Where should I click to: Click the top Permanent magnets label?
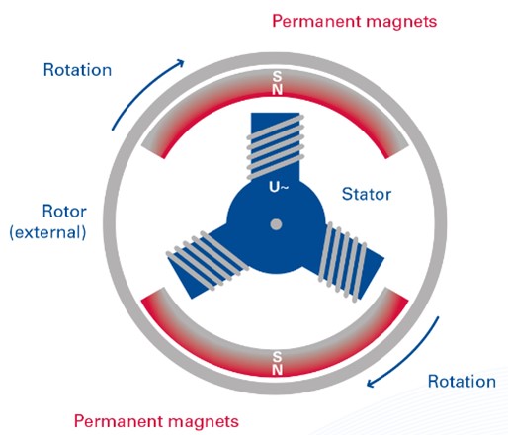[x=355, y=21]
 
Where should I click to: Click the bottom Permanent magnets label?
[x=156, y=421]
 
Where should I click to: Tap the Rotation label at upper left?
[x=77, y=70]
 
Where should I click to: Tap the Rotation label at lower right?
[x=462, y=382]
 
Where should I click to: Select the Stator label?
[x=367, y=194]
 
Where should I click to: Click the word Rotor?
[x=64, y=212]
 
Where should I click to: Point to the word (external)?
[x=48, y=232]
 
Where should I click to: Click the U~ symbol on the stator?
[x=279, y=187]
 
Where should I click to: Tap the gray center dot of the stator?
[x=276, y=224]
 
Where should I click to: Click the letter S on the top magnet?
[x=277, y=77]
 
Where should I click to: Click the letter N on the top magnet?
[x=277, y=89]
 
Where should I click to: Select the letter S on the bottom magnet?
[x=277, y=356]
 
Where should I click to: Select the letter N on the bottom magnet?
[x=277, y=369]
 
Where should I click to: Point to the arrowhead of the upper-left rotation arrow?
[x=181, y=62]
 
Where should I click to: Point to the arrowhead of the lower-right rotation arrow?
[x=371, y=383]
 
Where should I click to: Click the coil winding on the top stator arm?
[x=276, y=147]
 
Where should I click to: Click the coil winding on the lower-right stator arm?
[x=342, y=262]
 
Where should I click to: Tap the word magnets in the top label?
[x=401, y=22]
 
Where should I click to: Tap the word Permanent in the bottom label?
[x=119, y=421]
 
